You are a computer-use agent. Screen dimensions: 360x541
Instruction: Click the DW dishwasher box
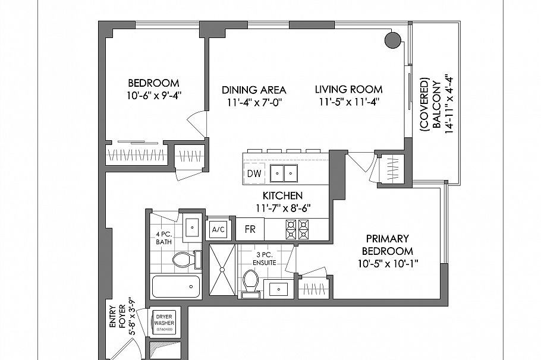[253, 173]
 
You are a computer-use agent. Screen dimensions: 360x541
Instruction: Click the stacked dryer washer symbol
[164, 321]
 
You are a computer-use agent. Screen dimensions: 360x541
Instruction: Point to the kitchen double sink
[284, 173]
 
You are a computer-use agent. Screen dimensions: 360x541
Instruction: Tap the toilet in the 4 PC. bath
[184, 259]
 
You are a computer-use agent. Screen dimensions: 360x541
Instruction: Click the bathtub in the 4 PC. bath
[177, 288]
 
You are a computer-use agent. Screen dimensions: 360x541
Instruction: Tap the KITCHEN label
[283, 195]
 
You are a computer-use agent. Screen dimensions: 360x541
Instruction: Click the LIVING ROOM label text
[348, 90]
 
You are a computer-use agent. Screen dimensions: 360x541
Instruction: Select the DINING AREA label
[254, 90]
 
